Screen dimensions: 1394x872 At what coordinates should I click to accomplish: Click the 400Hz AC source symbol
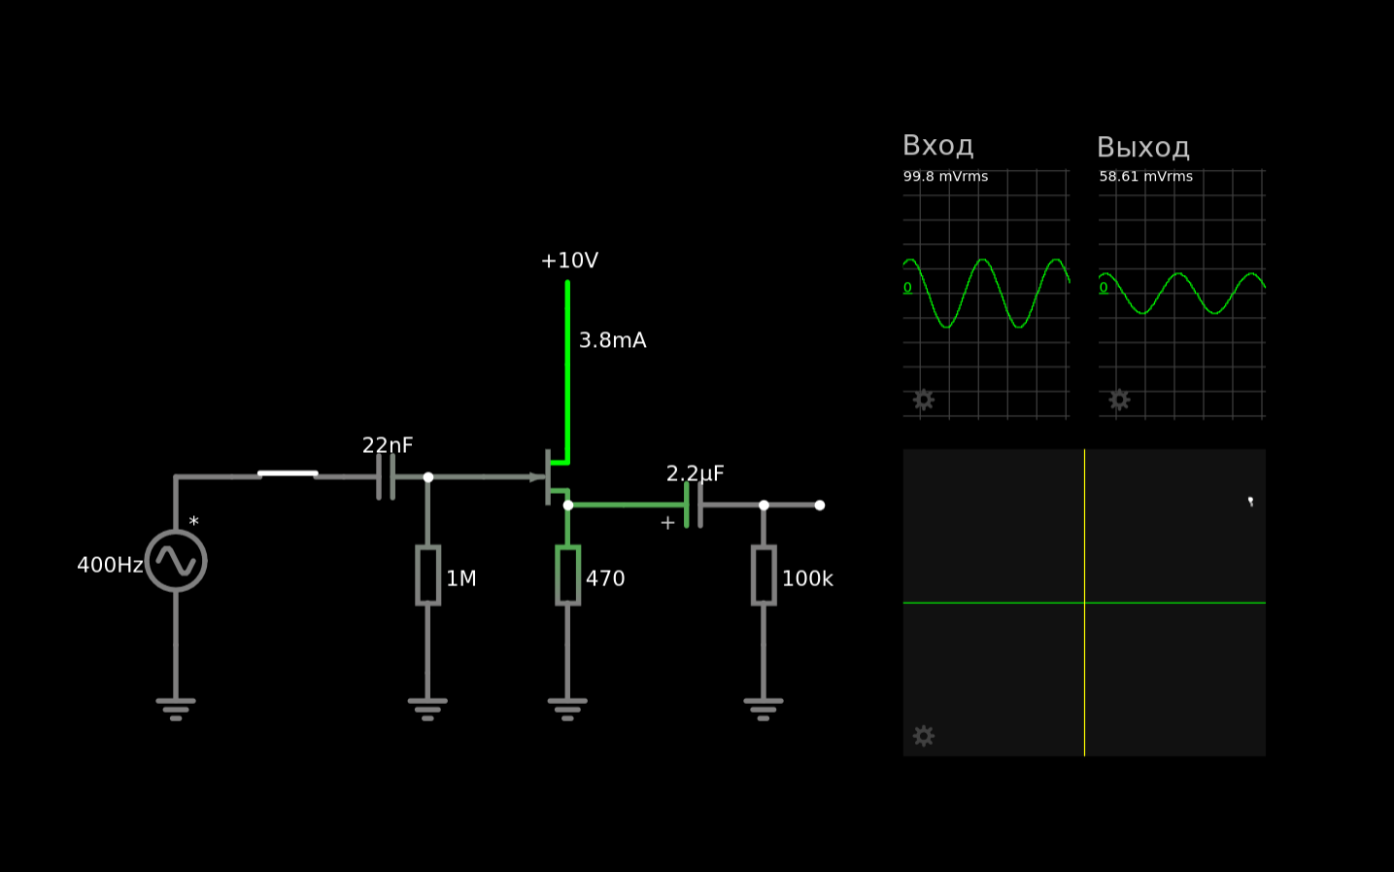[x=176, y=561]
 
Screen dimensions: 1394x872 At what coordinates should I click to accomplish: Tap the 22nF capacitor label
[x=387, y=445]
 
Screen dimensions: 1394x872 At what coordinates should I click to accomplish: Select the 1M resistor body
[x=428, y=576]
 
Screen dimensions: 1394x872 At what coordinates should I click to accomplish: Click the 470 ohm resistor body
[x=567, y=576]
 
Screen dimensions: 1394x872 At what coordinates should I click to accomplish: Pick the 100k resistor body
[x=764, y=576]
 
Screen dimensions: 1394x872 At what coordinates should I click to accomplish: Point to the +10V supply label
[x=569, y=261]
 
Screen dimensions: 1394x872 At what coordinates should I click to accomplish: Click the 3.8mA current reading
[x=612, y=340]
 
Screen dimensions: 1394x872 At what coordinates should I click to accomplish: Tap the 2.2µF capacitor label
[x=696, y=474]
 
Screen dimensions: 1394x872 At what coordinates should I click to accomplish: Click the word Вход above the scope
[x=938, y=146]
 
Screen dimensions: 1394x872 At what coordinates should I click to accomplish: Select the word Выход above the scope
[x=1143, y=148]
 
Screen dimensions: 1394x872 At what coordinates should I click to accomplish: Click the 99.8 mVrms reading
[x=945, y=176]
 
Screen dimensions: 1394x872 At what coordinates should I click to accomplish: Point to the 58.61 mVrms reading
[x=1145, y=176]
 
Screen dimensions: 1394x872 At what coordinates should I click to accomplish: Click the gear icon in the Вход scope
[x=924, y=400]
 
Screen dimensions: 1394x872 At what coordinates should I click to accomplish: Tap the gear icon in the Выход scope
[x=1119, y=400]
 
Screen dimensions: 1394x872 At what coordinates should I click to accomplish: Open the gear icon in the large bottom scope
[x=924, y=736]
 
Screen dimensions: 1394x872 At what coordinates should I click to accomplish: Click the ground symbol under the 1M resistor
[x=427, y=710]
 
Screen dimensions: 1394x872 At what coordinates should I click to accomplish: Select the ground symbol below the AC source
[x=176, y=710]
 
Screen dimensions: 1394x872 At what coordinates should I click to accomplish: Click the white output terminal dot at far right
[x=820, y=506]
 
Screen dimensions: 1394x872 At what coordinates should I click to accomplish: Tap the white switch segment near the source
[x=288, y=474]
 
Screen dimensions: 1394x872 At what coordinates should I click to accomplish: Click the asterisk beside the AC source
[x=194, y=521]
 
